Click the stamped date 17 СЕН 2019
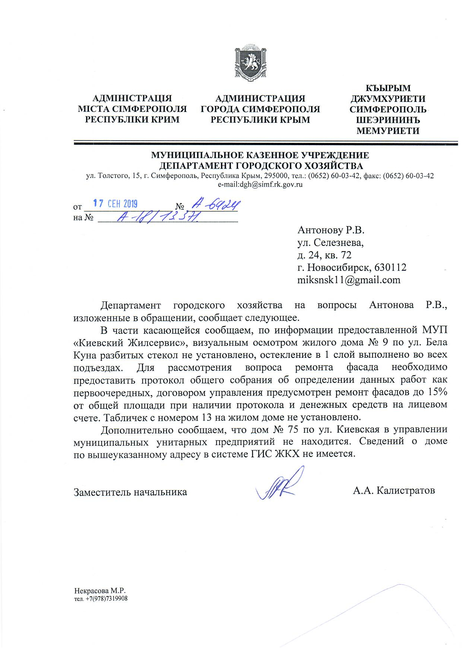(115, 204)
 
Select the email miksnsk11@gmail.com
(349, 280)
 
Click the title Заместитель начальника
(130, 492)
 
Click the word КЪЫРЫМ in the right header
(388, 88)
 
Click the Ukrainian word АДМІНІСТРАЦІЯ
(132, 98)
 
